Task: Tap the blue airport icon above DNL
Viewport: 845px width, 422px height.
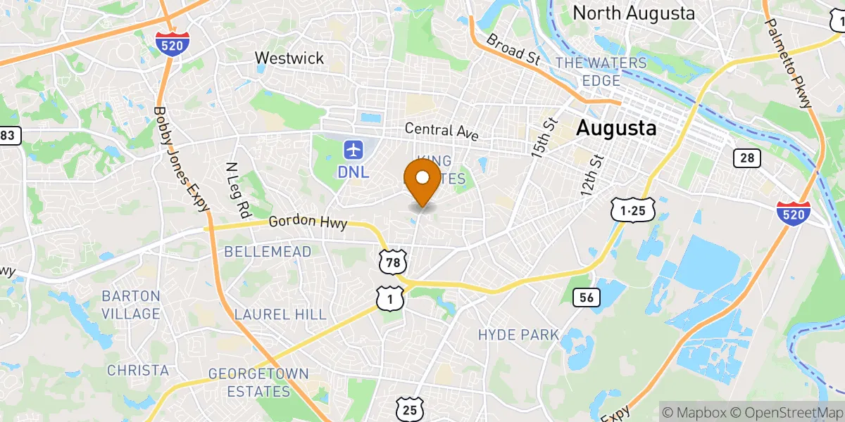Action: pyautogui.click(x=353, y=149)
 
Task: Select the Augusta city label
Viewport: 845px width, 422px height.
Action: pyautogui.click(x=616, y=129)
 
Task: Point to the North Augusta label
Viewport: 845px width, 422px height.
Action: pyautogui.click(x=634, y=13)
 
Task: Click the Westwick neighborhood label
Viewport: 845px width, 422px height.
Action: pyautogui.click(x=289, y=58)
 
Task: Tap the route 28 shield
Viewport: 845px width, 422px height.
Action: pyautogui.click(x=746, y=158)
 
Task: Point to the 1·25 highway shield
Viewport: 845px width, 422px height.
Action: pyautogui.click(x=633, y=210)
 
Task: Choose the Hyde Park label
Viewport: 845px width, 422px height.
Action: pyautogui.click(x=518, y=334)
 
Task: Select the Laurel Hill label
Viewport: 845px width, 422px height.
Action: pyautogui.click(x=280, y=314)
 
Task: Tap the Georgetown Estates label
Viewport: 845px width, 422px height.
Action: pyautogui.click(x=258, y=383)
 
